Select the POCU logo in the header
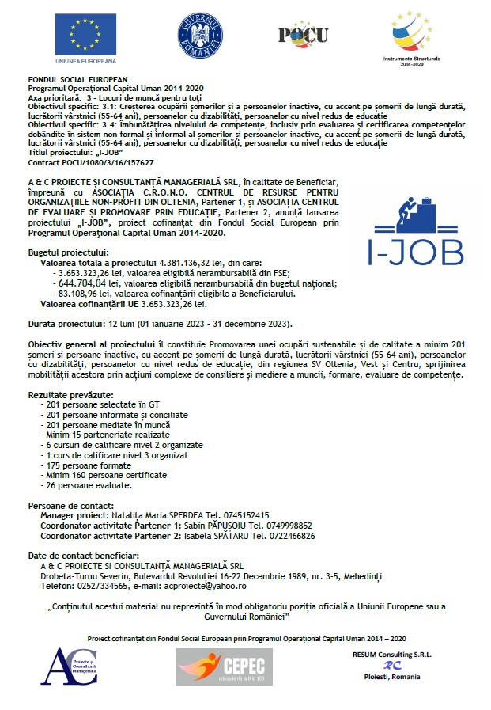[x=304, y=33]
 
